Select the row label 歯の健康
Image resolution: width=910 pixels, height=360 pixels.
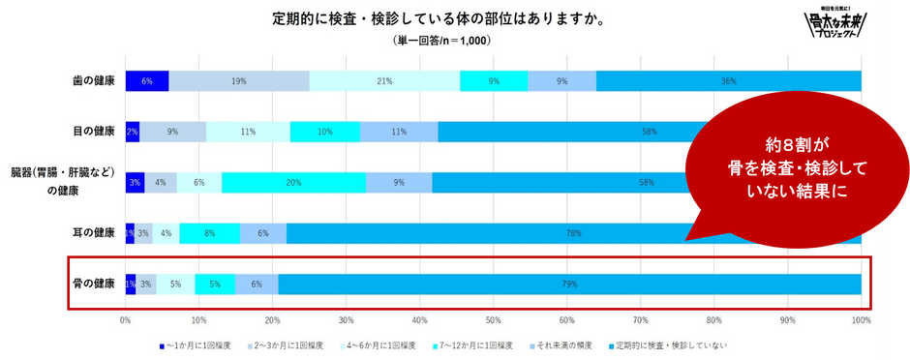tap(95, 81)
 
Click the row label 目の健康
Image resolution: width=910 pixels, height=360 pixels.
tap(95, 131)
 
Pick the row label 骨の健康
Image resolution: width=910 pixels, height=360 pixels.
tap(95, 284)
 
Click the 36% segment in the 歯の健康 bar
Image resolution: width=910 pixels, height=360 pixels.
tap(728, 81)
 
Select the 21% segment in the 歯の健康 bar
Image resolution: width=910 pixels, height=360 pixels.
tap(384, 81)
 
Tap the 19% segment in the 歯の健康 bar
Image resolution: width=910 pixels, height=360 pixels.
tap(239, 81)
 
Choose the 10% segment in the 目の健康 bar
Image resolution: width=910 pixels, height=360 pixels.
tap(324, 132)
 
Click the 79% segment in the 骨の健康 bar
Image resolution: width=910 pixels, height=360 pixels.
tap(569, 284)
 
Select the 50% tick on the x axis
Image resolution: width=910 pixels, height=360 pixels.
tap(494, 319)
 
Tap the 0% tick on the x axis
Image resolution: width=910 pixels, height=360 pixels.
tap(126, 319)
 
